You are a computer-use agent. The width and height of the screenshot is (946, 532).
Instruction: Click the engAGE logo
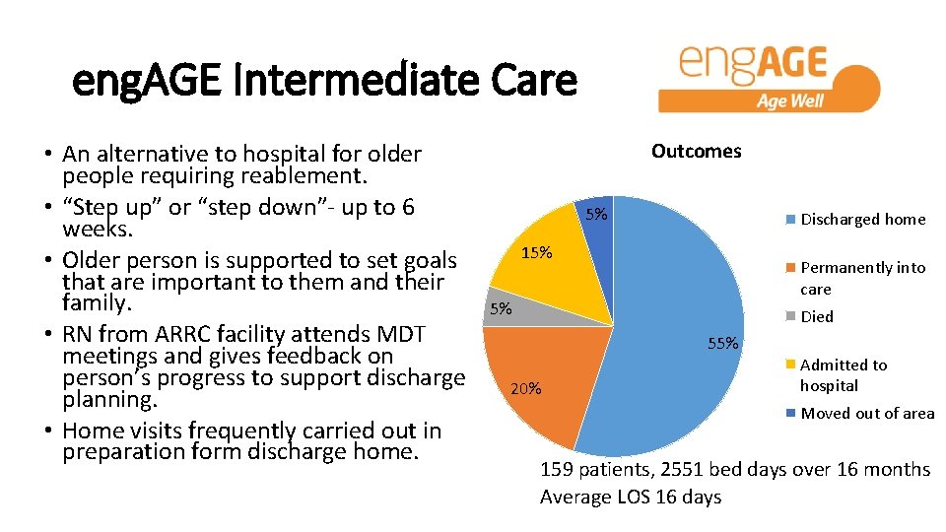click(x=768, y=77)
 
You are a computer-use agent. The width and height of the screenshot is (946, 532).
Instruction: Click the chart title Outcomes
click(x=696, y=151)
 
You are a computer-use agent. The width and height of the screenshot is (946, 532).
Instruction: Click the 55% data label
click(x=723, y=343)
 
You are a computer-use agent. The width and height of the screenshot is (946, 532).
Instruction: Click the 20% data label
click(x=525, y=387)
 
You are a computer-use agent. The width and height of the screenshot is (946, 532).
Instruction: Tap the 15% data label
click(x=536, y=253)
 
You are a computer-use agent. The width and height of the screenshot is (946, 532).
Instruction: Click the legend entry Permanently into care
click(x=862, y=278)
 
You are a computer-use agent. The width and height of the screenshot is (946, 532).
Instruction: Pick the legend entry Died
click(x=817, y=316)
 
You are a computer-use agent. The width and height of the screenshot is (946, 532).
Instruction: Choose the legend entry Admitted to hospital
click(x=843, y=375)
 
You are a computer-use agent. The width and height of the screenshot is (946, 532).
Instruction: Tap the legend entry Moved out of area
click(x=867, y=413)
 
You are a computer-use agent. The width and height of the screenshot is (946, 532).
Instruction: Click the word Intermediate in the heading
click(x=364, y=82)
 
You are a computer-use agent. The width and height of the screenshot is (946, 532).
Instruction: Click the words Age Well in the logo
click(x=789, y=100)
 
